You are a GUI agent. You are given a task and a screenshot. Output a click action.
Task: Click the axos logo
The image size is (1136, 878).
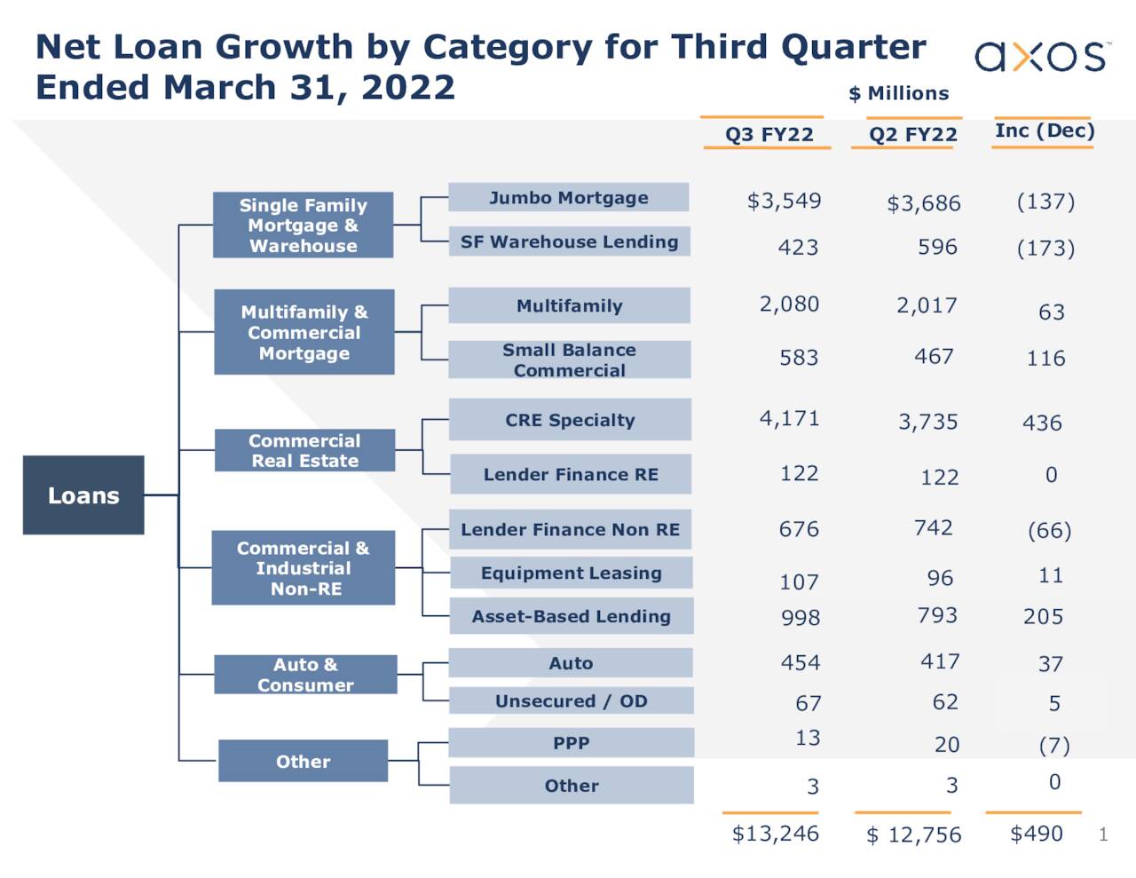(x=1040, y=57)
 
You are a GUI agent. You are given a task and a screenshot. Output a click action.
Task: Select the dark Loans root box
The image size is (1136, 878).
(x=83, y=495)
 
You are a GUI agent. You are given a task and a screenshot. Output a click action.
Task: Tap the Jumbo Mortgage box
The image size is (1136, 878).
(x=569, y=198)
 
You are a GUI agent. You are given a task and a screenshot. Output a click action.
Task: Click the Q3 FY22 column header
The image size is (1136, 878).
(x=769, y=135)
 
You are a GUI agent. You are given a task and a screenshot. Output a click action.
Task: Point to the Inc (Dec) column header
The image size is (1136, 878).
(x=1045, y=131)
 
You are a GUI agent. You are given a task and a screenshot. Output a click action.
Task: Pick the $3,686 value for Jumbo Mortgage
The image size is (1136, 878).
(x=923, y=204)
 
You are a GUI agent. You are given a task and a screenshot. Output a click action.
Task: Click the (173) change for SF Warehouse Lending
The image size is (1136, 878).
(x=1045, y=249)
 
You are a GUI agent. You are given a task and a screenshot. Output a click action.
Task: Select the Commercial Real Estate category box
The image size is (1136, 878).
(x=304, y=451)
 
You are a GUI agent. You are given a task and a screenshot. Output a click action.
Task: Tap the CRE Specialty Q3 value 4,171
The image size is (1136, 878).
(x=789, y=418)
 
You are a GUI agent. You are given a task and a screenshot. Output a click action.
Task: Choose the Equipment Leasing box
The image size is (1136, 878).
(x=571, y=573)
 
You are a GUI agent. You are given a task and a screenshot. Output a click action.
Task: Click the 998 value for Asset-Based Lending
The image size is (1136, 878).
(x=800, y=618)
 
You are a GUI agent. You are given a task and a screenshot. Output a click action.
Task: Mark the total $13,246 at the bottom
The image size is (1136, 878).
(x=775, y=834)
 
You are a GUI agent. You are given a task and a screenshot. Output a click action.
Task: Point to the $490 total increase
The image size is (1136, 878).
(x=1036, y=834)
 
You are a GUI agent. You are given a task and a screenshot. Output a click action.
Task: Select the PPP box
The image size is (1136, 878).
(x=571, y=743)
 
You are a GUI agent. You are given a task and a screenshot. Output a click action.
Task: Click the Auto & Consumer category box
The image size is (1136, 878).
(x=305, y=675)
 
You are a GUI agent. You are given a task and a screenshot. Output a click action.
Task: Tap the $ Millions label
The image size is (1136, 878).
(x=898, y=93)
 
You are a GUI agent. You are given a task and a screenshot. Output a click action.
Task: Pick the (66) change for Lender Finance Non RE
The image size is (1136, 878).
(x=1049, y=531)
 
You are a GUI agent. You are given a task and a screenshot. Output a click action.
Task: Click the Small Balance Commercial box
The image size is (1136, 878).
(x=569, y=360)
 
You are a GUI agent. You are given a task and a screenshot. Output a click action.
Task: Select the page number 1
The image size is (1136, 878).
(x=1103, y=834)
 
